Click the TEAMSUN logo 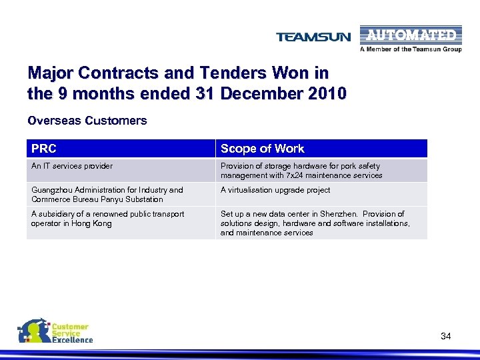coord(313,37)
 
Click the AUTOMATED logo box coord(409,35)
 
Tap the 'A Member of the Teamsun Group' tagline coord(411,49)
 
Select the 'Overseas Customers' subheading coord(87,121)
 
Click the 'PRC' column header coord(44,149)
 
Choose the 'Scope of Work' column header coord(262,149)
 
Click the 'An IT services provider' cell coord(72,166)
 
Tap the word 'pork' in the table coord(349,166)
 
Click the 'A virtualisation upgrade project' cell coord(275,190)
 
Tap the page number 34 coord(446,336)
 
